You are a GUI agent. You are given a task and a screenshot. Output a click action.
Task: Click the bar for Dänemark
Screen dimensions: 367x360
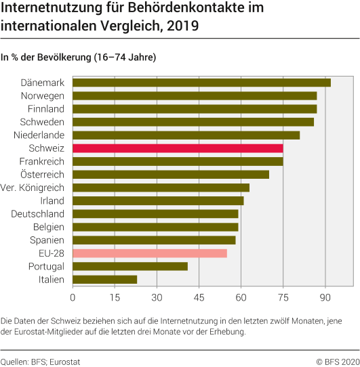tap(201, 83)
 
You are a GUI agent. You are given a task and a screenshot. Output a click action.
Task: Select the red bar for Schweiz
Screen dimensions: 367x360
tap(178, 148)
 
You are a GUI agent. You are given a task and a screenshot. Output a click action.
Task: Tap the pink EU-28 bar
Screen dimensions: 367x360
tap(150, 253)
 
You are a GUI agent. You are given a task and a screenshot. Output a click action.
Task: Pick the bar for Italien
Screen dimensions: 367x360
tap(105, 279)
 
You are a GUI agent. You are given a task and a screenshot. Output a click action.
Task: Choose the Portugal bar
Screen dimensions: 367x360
tap(130, 266)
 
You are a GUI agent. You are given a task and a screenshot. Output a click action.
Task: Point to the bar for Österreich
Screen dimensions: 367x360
tap(171, 175)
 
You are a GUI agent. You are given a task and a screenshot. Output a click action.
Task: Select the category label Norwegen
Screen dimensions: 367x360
tap(42, 95)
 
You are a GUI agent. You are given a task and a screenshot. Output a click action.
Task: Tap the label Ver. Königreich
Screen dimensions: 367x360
tap(33, 188)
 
